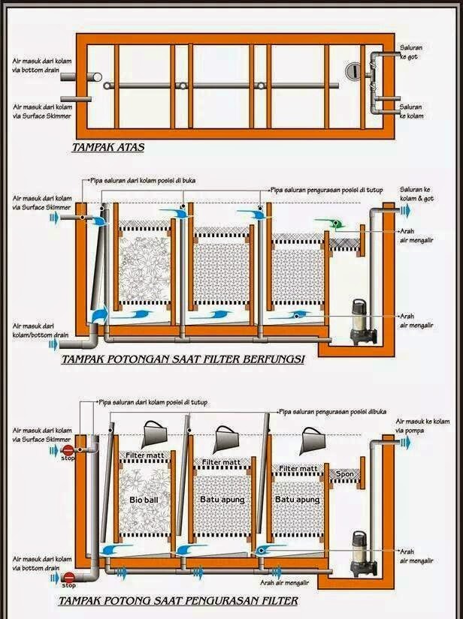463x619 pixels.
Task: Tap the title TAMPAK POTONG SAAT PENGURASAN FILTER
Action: click(177, 600)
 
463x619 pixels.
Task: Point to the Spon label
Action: click(344, 474)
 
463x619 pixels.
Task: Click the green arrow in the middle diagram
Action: click(330, 222)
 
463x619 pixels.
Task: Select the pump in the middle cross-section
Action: click(352, 318)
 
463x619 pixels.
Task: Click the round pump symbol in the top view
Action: click(353, 72)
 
